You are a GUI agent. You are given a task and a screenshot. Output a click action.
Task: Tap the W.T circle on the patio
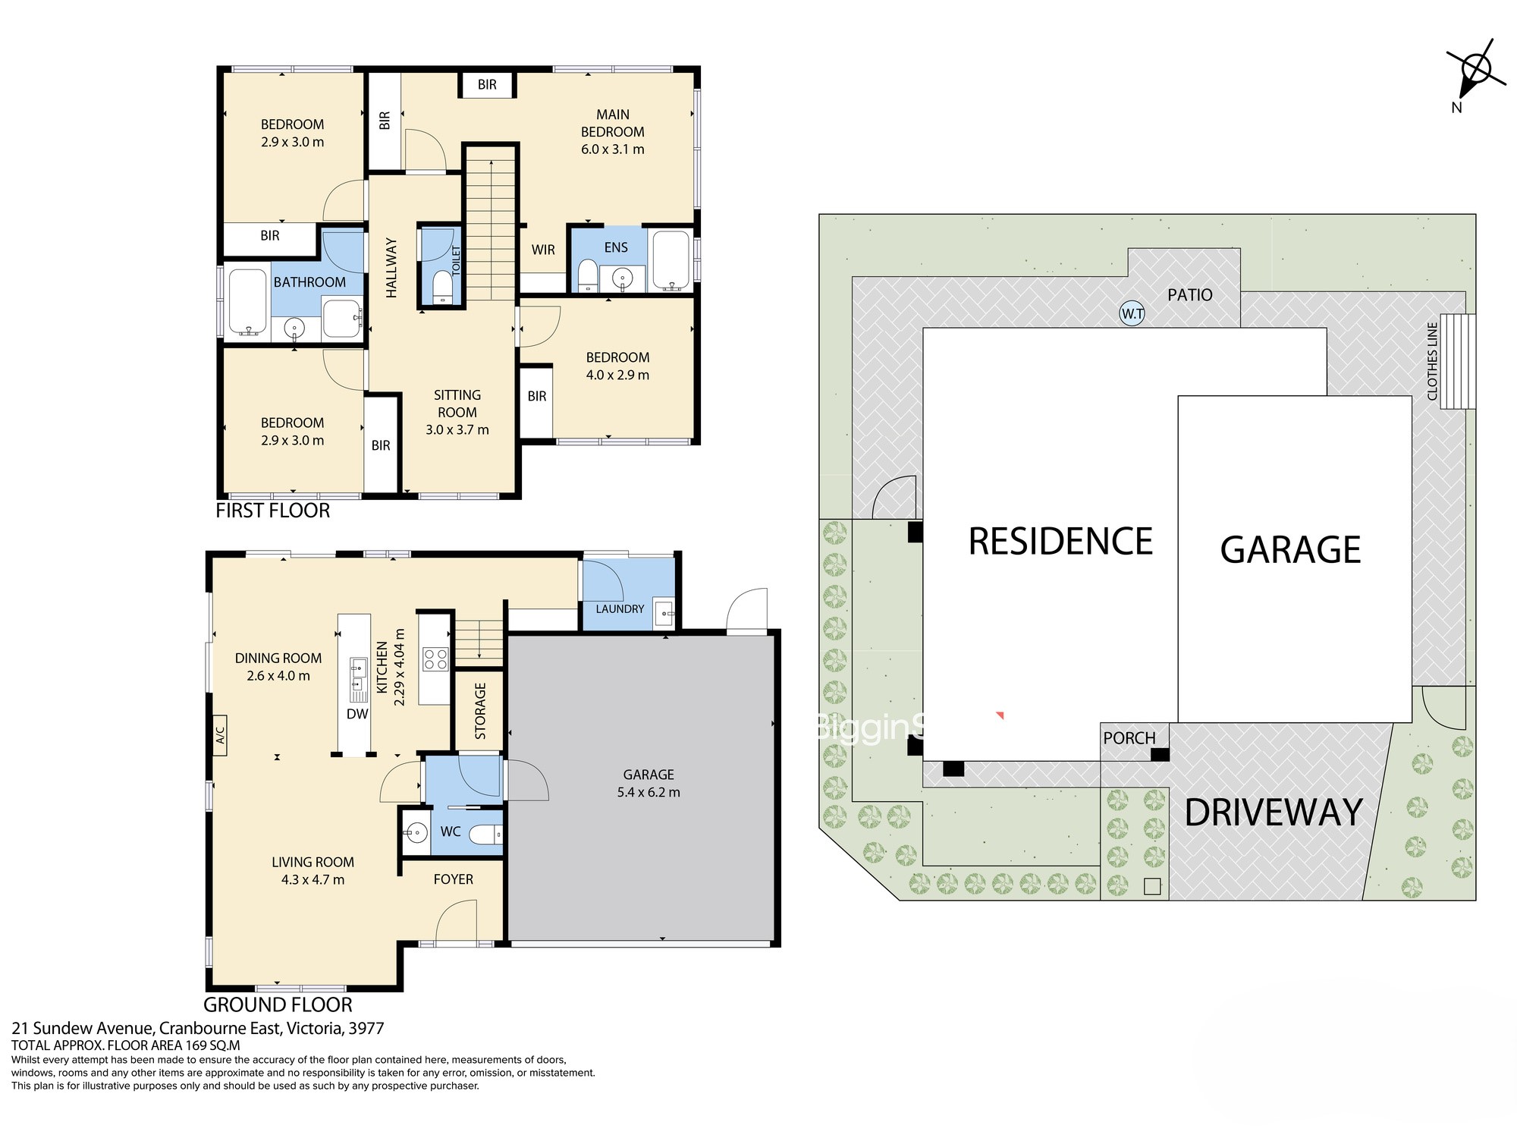click(1132, 313)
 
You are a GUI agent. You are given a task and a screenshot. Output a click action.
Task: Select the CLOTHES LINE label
click(1432, 361)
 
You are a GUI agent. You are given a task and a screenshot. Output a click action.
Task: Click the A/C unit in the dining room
click(220, 735)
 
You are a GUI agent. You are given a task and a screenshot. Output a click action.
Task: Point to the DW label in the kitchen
click(357, 714)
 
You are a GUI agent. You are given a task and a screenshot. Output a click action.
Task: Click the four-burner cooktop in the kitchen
click(435, 658)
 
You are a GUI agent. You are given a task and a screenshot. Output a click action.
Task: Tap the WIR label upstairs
click(543, 250)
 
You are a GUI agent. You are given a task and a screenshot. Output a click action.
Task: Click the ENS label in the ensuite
click(616, 247)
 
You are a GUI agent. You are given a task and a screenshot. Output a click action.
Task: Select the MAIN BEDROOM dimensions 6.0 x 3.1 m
click(613, 149)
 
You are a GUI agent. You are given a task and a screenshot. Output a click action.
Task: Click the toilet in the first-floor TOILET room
click(441, 287)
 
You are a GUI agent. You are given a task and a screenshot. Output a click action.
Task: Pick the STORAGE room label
click(480, 711)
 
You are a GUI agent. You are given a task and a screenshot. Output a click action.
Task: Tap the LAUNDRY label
click(620, 608)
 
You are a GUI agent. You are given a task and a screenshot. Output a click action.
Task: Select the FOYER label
click(454, 879)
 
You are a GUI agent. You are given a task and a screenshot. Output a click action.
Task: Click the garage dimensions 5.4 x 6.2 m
click(649, 793)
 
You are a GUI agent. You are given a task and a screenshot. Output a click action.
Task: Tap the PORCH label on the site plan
click(1129, 738)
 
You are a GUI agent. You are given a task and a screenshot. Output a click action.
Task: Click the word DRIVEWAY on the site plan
click(1274, 813)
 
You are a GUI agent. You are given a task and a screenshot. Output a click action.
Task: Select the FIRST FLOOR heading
click(273, 511)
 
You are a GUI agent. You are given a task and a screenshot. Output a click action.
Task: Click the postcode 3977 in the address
click(368, 1029)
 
